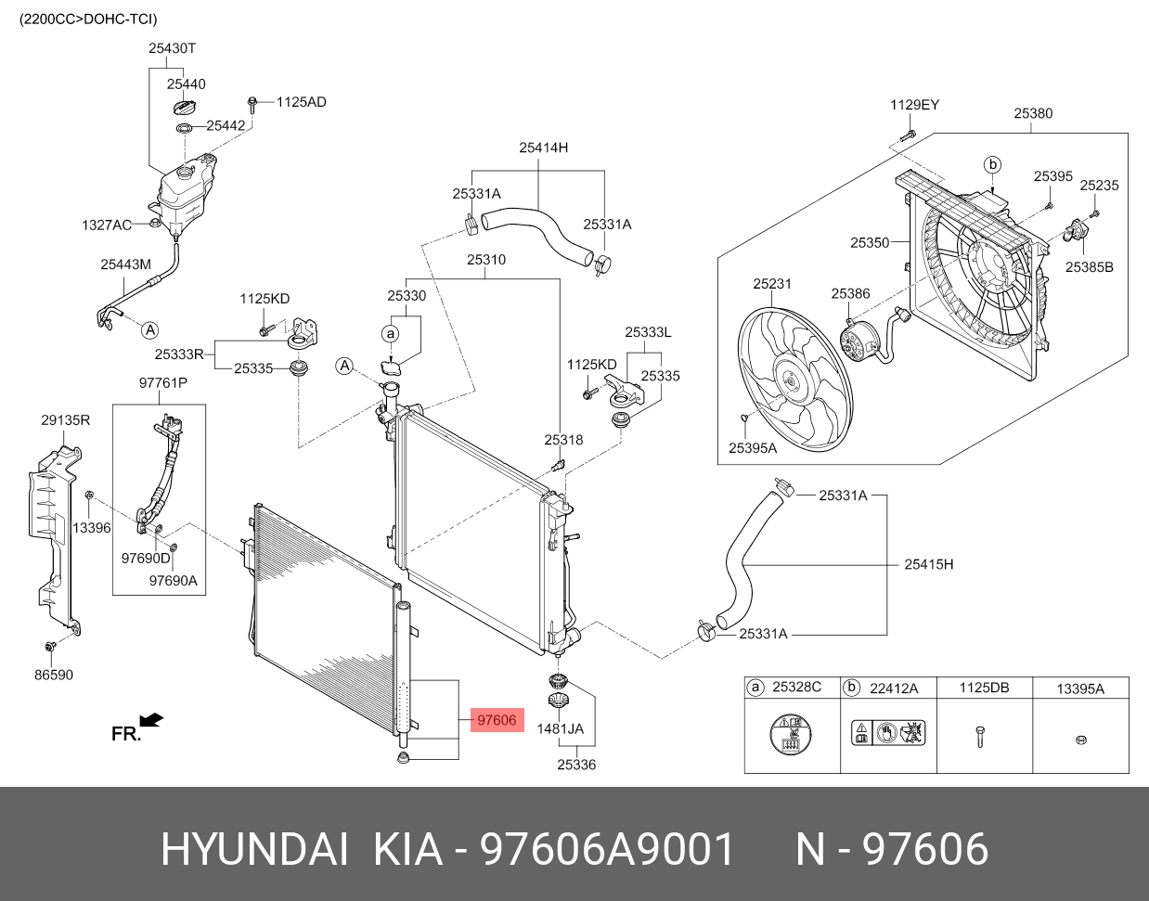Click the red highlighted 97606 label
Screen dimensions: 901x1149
point(497,720)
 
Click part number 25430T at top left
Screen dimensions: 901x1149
point(172,48)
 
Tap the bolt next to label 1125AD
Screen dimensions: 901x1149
point(252,102)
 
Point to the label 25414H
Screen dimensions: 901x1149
point(543,148)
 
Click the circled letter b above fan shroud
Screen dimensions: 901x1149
point(992,165)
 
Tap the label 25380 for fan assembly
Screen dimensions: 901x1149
point(1032,113)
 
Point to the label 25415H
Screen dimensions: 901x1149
point(928,564)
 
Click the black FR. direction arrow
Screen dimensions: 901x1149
point(150,720)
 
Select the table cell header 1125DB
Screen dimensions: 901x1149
point(984,688)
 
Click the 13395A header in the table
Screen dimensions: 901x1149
point(1080,689)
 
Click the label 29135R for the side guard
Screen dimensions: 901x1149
point(65,420)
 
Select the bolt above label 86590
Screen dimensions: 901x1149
point(51,646)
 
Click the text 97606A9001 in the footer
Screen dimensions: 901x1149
point(607,849)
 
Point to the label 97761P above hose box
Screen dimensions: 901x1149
point(162,383)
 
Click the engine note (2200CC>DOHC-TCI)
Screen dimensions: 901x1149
point(88,19)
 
